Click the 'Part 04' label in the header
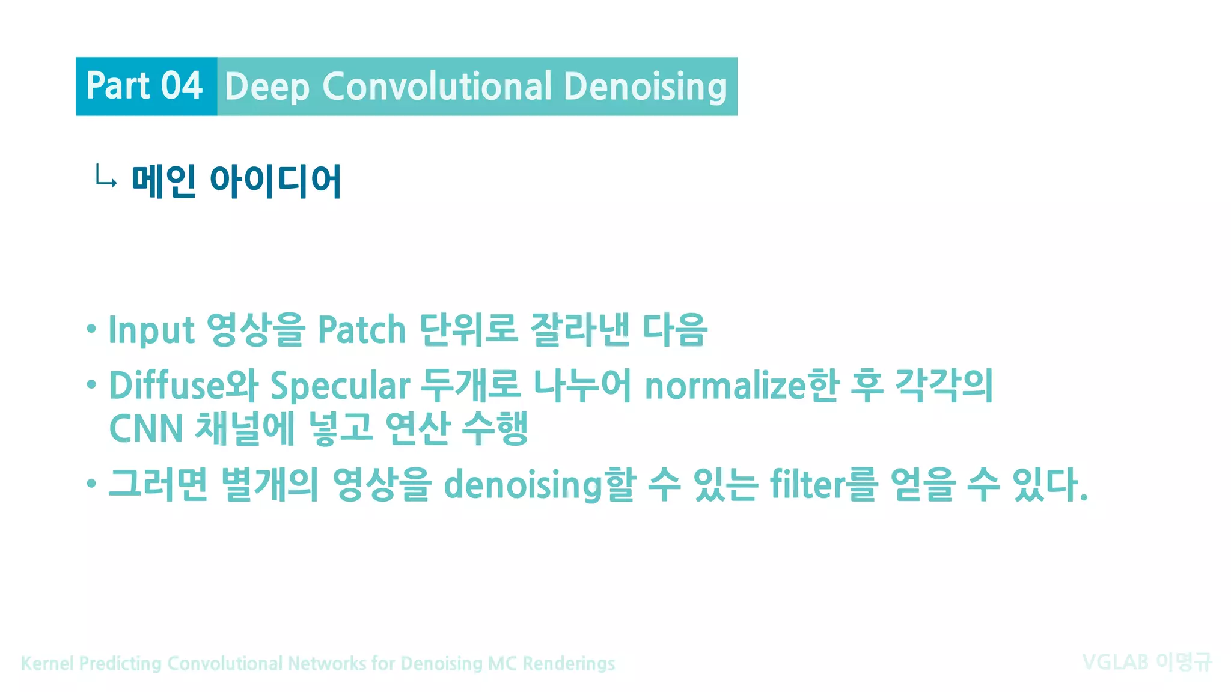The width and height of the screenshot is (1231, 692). (144, 86)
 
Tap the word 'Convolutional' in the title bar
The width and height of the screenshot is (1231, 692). (437, 86)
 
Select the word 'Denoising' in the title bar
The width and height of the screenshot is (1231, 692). (646, 86)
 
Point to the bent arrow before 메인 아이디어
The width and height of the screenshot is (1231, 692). (106, 178)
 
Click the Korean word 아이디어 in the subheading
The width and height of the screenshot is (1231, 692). (275, 181)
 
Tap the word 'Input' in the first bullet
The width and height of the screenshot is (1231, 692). (151, 330)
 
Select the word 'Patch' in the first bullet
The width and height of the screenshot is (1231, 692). (362, 330)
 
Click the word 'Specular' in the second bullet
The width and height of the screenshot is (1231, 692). (340, 386)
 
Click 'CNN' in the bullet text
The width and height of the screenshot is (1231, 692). (146, 429)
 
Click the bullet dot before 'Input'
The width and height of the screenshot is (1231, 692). (91, 329)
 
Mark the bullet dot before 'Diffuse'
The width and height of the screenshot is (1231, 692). (91, 384)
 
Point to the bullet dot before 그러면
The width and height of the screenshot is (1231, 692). (91, 483)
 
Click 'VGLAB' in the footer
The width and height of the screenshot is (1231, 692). (1115, 663)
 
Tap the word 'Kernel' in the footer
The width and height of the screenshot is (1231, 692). (47, 663)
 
